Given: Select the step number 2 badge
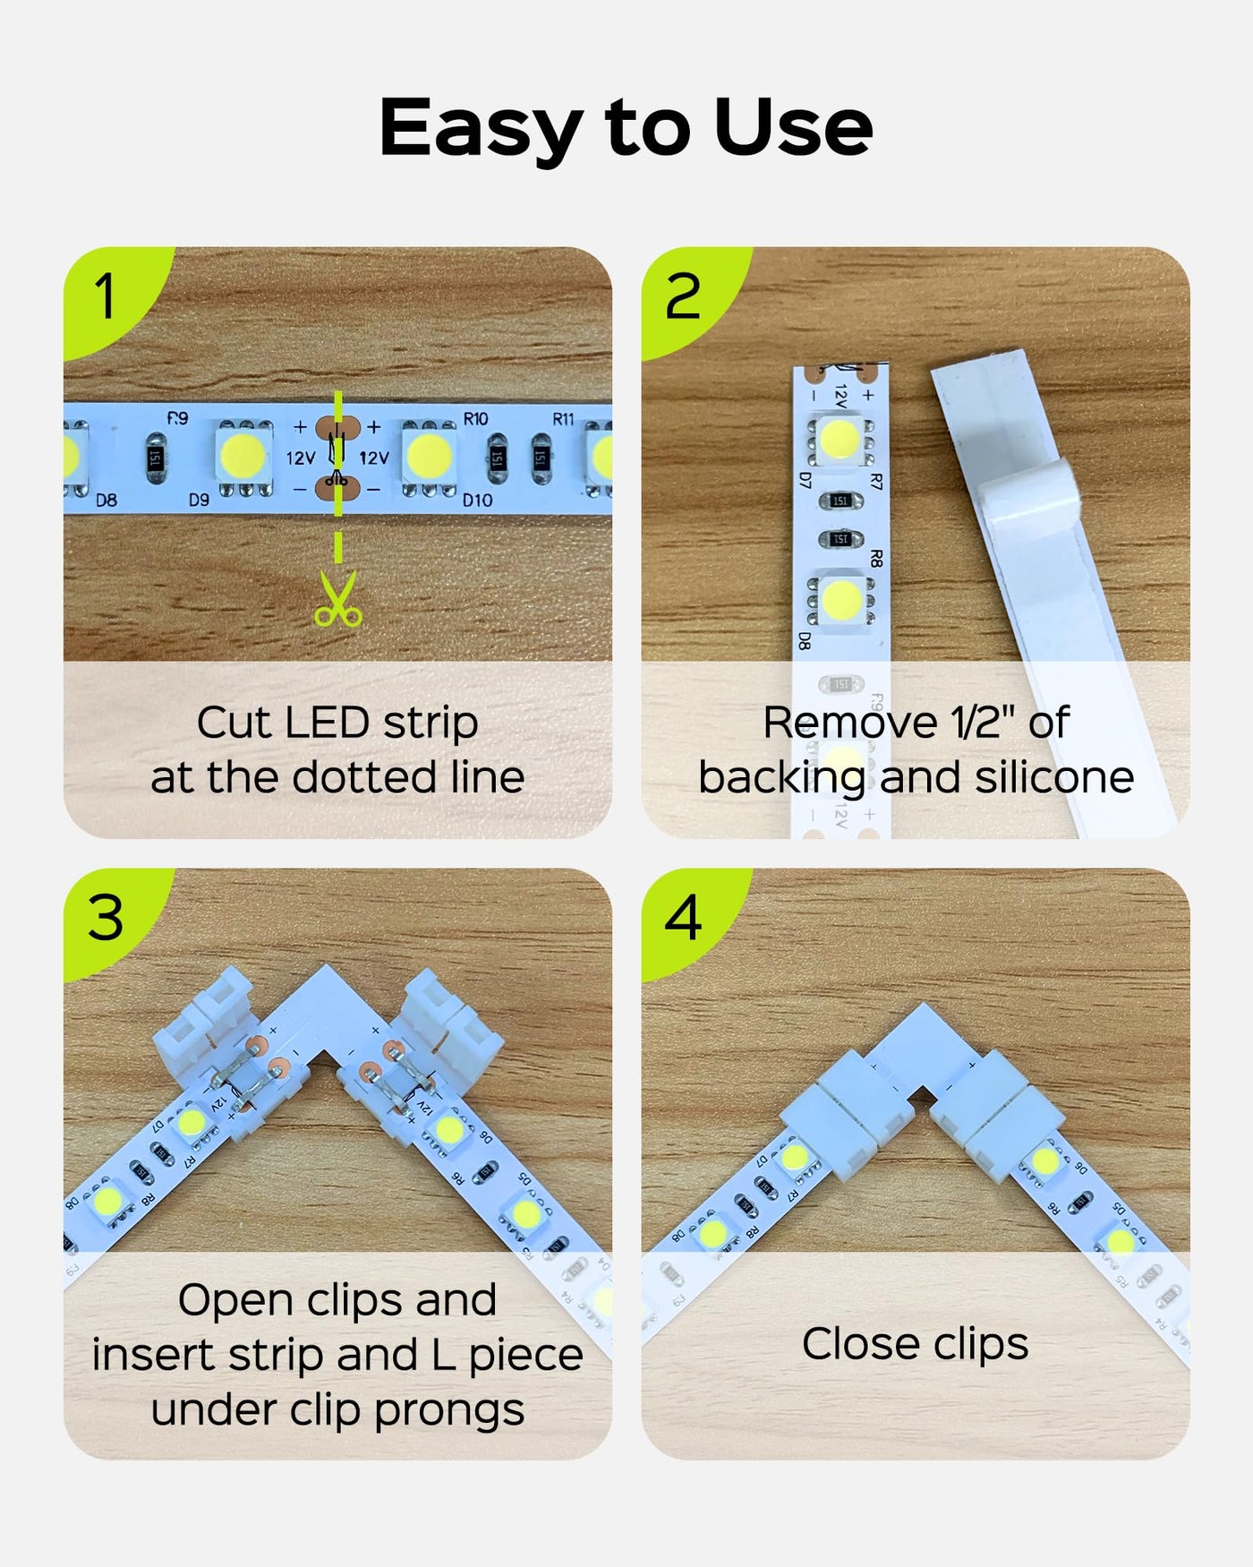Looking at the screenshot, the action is click(x=684, y=296).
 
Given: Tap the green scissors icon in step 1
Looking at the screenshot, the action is click(x=337, y=598).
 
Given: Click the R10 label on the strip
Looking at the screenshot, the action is click(x=475, y=419).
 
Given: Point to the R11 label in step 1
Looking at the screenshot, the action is click(x=563, y=418).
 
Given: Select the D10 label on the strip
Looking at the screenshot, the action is click(x=477, y=500).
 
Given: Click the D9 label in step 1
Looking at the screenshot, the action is click(x=199, y=500).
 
